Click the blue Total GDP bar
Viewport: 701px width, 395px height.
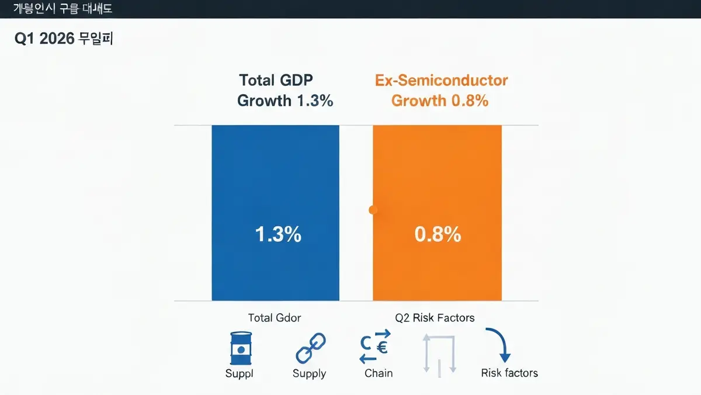[275, 175]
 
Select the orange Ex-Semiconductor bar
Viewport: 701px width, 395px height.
[437, 175]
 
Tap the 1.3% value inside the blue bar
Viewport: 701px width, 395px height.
[278, 234]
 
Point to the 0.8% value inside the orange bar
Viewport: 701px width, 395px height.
[438, 234]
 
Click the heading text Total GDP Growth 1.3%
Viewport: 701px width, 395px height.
[285, 91]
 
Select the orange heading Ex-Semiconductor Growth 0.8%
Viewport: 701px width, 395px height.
[441, 91]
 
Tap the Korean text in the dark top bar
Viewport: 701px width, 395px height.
[63, 9]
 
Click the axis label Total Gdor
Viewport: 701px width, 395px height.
[275, 318]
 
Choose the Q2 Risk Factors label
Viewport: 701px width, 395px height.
[435, 318]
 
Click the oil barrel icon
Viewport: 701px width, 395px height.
[240, 349]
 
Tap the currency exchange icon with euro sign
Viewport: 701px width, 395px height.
[374, 347]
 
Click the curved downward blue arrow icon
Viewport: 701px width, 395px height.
[498, 345]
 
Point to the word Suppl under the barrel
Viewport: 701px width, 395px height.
[240, 373]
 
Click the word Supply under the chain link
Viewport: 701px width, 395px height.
[309, 373]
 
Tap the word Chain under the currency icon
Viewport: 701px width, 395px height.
[379, 373]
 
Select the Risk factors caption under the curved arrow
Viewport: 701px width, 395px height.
[509, 373]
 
